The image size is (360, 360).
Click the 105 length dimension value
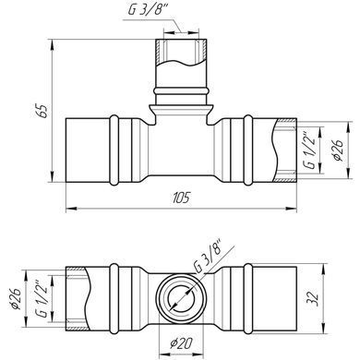[x=182, y=198]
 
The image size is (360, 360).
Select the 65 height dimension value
[x=43, y=111]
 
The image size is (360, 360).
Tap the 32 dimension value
[x=313, y=298]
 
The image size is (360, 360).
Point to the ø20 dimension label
[x=181, y=343]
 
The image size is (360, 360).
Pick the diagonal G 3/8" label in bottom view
[x=208, y=255]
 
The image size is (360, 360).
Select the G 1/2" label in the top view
[x=310, y=151]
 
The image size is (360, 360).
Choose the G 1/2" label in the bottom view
[x=42, y=299]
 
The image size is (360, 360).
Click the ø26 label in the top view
[x=337, y=150]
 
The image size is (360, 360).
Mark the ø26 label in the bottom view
[x=16, y=299]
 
